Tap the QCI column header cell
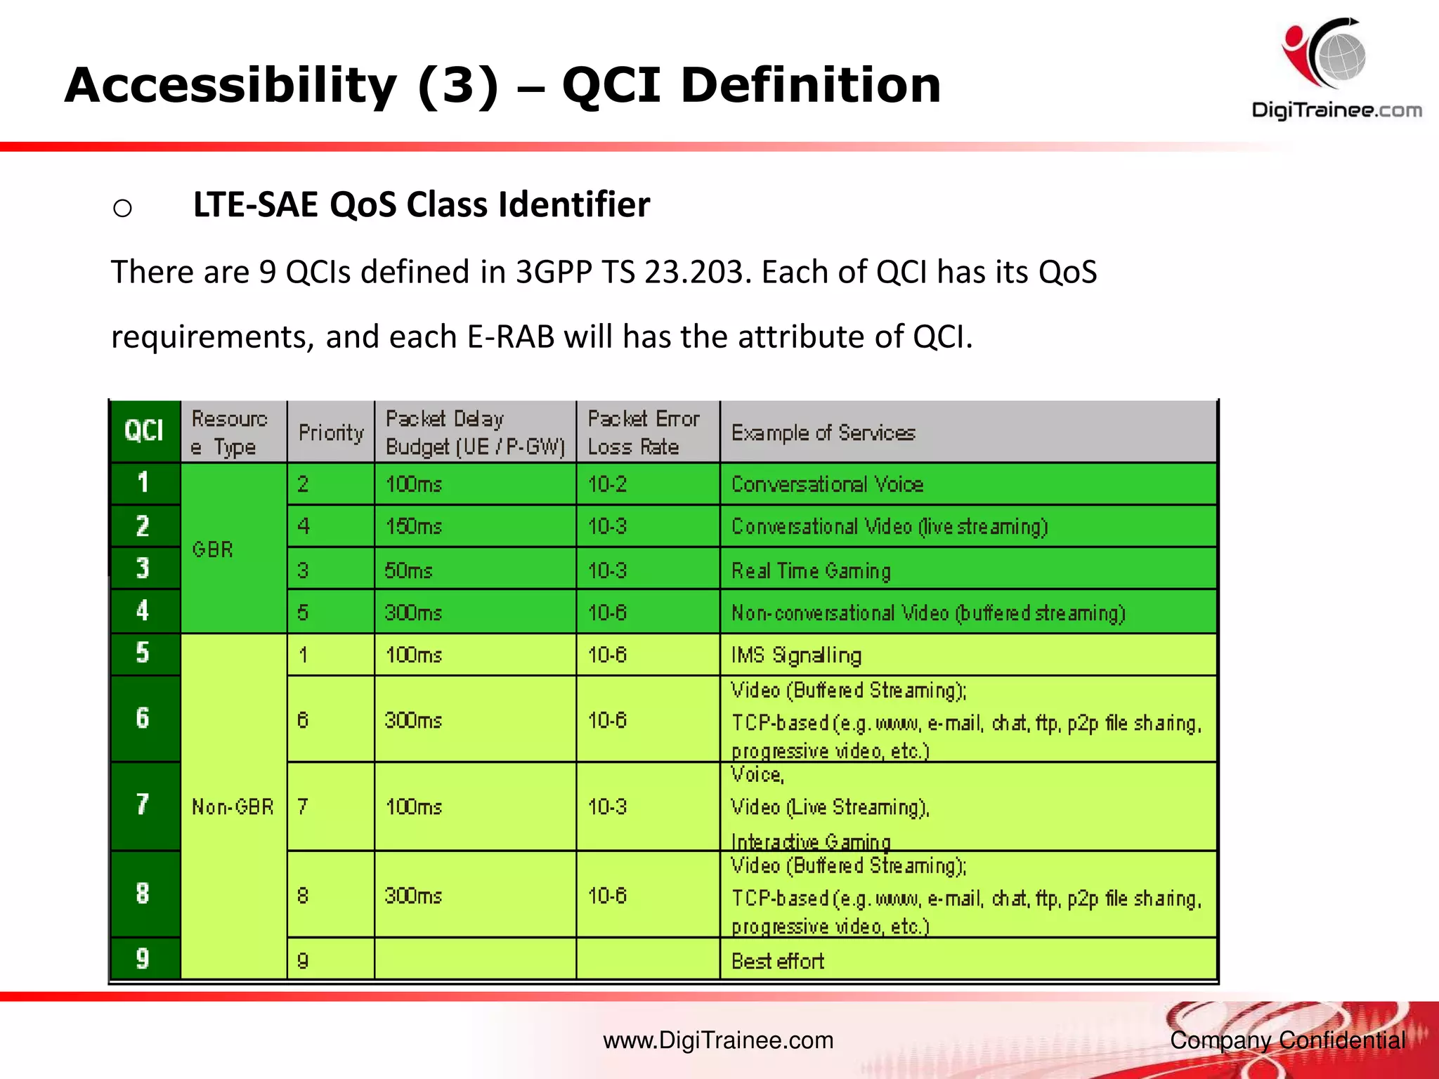(144, 431)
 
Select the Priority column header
(330, 432)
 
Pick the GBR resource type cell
(213, 549)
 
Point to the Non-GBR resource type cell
(233, 806)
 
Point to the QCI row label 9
(143, 958)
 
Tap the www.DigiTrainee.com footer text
(718, 1040)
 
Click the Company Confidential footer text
(1287, 1040)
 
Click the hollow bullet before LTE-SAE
(122, 208)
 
